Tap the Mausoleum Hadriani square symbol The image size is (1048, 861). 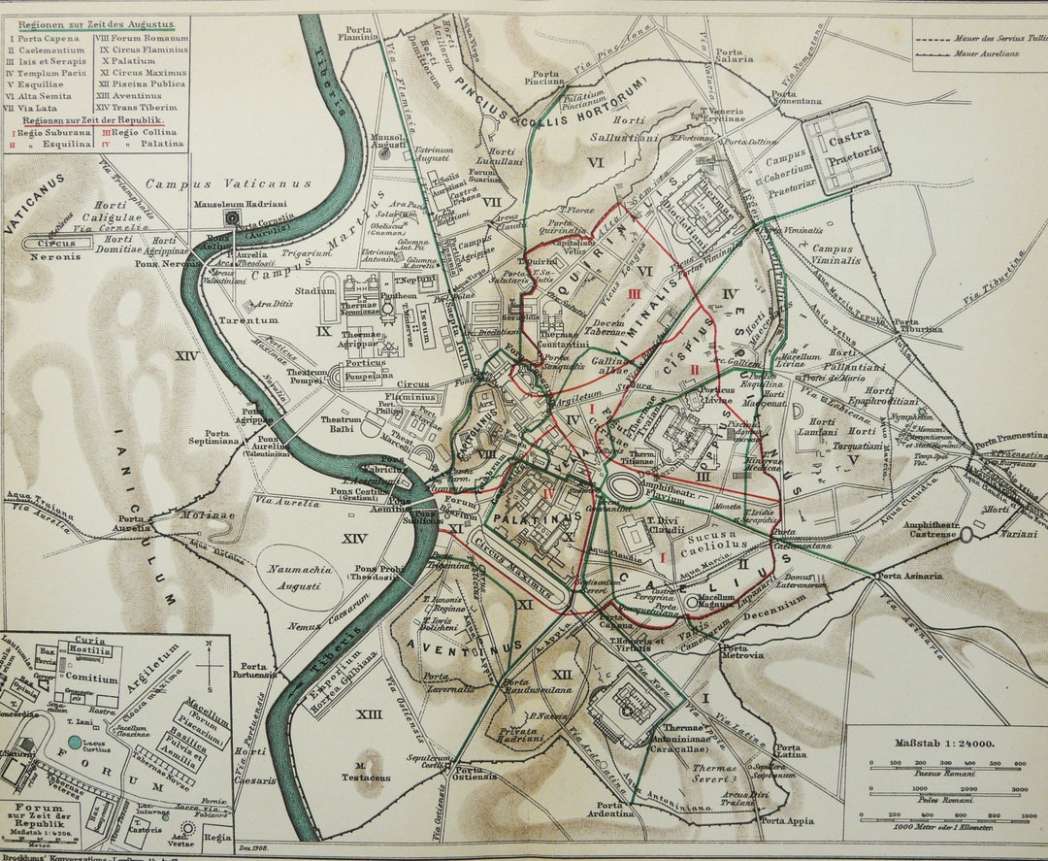coord(232,218)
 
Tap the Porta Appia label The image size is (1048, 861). coord(785,821)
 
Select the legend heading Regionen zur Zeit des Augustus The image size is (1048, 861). coord(91,22)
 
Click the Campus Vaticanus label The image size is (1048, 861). coord(228,183)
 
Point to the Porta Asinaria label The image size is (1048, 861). coord(909,576)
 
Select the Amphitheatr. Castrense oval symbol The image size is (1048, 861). coord(966,534)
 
